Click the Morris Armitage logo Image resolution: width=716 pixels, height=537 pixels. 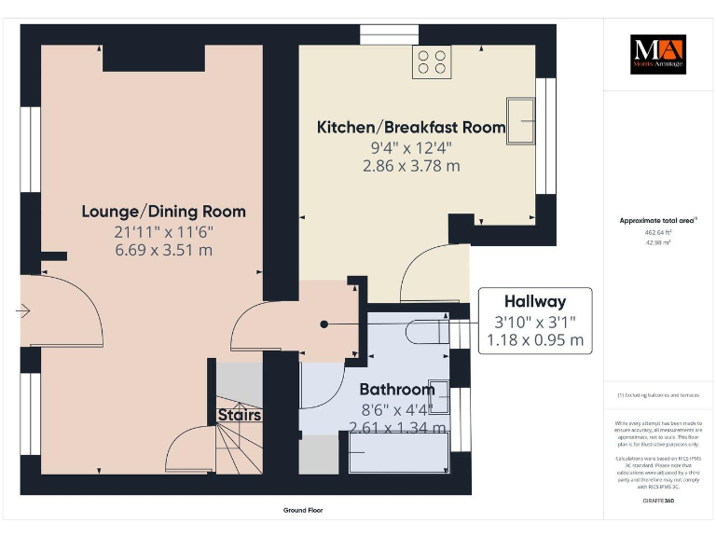pyautogui.click(x=657, y=54)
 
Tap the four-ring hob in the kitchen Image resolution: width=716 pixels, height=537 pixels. pyautogui.click(x=432, y=62)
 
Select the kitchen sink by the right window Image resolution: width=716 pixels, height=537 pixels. pyautogui.click(x=520, y=120)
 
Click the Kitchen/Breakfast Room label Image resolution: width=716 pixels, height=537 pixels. pyautogui.click(x=411, y=127)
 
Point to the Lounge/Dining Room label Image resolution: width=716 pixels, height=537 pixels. pyautogui.click(x=163, y=211)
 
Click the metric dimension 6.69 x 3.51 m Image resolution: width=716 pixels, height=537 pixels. pyautogui.click(x=163, y=250)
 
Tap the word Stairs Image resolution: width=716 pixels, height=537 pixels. pyautogui.click(x=240, y=415)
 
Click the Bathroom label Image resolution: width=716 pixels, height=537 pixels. pyautogui.click(x=397, y=390)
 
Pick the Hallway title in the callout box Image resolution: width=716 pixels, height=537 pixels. pyautogui.click(x=534, y=301)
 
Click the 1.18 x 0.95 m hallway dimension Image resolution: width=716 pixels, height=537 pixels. pyautogui.click(x=534, y=340)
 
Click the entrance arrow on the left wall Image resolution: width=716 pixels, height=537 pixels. pyautogui.click(x=22, y=310)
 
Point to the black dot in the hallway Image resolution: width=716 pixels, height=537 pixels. pyautogui.click(x=324, y=324)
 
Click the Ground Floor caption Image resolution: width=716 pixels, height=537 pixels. pyautogui.click(x=303, y=511)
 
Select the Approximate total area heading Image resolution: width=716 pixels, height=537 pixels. pyautogui.click(x=656, y=220)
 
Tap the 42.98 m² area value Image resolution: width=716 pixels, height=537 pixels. pyautogui.click(x=657, y=241)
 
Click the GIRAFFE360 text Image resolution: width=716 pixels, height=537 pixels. pyautogui.click(x=657, y=501)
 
